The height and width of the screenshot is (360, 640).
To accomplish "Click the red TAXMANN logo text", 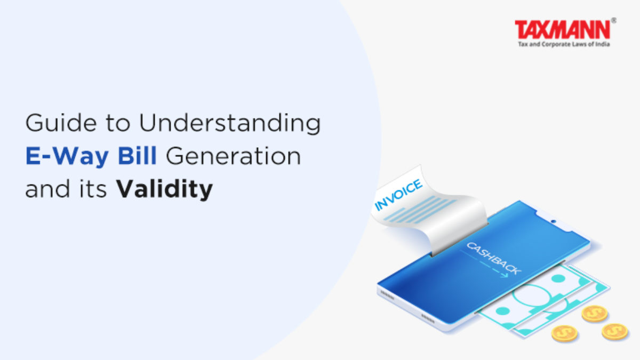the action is [562, 29].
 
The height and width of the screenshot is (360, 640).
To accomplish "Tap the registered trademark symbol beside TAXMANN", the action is [613, 21].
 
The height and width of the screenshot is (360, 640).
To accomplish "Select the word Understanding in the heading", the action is [230, 123].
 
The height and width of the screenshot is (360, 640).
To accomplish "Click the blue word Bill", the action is [137, 155].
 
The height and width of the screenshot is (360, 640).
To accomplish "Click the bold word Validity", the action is [165, 189].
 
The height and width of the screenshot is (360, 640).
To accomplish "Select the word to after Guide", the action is [118, 123].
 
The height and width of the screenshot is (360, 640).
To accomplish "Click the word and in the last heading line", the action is [47, 189].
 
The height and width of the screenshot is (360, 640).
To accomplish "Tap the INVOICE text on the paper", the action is [398, 195].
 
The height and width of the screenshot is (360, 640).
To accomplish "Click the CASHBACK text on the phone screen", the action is [494, 258].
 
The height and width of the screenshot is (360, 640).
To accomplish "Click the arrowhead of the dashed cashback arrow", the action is [506, 275].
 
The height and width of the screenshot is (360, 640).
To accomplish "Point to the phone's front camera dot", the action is [554, 221].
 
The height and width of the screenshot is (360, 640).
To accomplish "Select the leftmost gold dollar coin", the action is [564, 333].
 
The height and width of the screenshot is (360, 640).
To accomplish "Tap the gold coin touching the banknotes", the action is [595, 314].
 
